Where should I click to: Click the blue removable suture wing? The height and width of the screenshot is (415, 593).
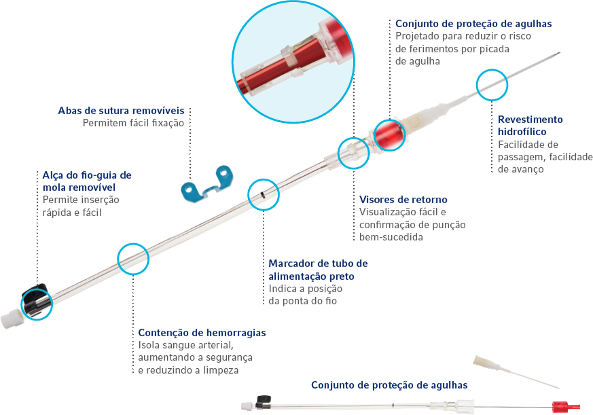tap(207, 185)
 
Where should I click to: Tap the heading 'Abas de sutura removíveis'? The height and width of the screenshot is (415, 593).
tap(121, 111)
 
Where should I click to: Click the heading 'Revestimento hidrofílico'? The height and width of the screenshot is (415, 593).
tap(531, 126)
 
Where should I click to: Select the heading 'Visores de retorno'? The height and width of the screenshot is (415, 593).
tap(403, 200)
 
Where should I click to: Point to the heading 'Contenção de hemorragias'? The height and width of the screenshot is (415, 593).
tap(202, 333)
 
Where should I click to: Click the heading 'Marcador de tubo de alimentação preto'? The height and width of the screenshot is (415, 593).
tap(318, 270)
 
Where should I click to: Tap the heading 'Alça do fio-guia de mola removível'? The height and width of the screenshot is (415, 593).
tap(87, 181)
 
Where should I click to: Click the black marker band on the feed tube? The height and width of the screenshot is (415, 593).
tap(262, 195)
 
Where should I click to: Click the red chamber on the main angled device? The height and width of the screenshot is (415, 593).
tap(389, 135)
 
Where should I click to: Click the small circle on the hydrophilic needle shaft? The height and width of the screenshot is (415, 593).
tap(492, 85)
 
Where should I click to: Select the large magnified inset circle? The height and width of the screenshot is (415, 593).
tap(293, 62)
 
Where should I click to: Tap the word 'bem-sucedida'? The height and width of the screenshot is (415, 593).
tap(391, 237)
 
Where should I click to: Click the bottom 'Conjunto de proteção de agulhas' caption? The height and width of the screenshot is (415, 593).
tap(389, 385)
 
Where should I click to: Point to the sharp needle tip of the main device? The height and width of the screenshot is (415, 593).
tap(559, 53)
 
